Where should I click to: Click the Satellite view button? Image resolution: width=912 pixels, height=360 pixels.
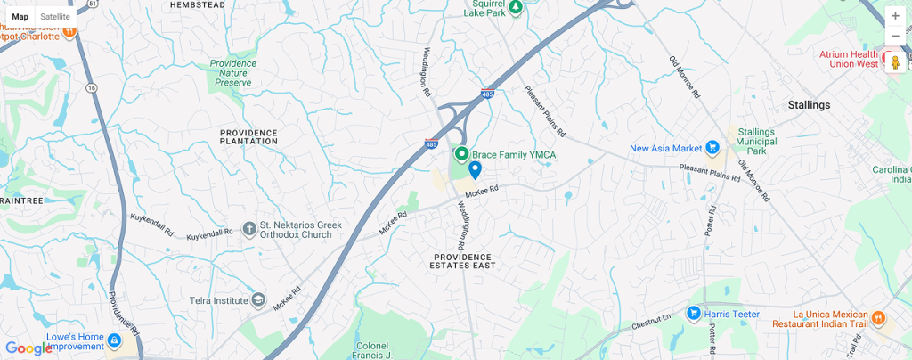(x=55, y=16)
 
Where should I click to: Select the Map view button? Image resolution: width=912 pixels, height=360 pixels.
(x=20, y=16)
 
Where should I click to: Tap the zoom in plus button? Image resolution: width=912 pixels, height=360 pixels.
(x=895, y=16)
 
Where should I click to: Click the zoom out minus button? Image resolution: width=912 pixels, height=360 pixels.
(x=895, y=37)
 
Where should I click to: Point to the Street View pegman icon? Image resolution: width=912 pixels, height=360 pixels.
(x=895, y=61)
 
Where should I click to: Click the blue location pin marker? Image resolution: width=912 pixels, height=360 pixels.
(x=476, y=169)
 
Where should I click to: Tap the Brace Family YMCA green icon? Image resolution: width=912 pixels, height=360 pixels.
(x=462, y=154)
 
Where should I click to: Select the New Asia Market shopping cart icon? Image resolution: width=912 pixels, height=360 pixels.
(x=712, y=148)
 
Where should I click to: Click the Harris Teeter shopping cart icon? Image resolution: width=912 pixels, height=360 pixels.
(x=693, y=313)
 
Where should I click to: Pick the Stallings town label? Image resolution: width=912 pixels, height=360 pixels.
(x=809, y=105)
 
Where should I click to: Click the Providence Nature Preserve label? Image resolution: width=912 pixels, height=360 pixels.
(x=233, y=72)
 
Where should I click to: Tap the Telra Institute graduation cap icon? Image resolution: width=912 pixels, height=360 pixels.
(x=258, y=300)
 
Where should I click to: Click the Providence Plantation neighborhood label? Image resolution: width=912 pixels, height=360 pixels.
(x=248, y=137)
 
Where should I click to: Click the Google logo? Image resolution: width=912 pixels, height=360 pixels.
(x=28, y=348)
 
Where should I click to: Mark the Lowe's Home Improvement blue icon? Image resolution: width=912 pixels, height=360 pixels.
(x=113, y=340)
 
